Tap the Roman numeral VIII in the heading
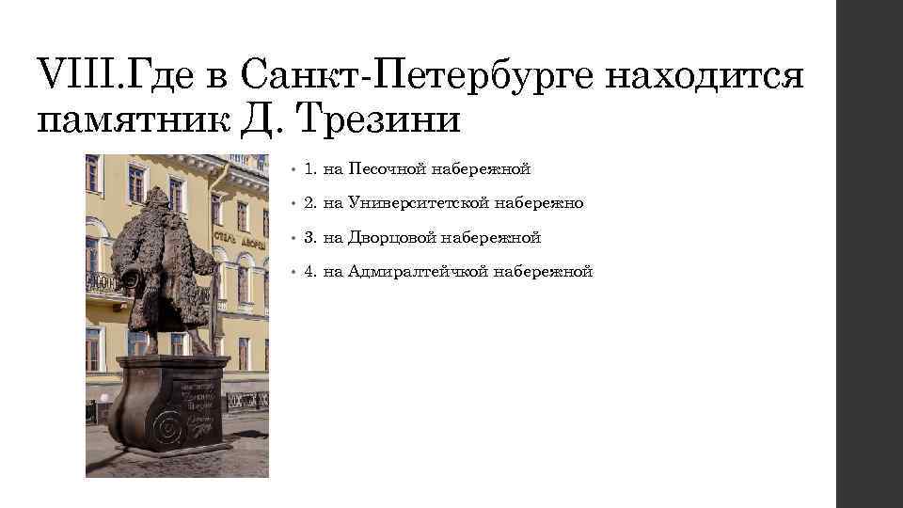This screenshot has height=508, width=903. pos(71,72)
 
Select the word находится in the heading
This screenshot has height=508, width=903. pos(705,72)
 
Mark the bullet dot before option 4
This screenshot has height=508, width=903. pos(293,273)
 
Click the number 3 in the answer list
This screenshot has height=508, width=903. pos(309,238)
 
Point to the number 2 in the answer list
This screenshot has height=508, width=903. pos(309,203)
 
